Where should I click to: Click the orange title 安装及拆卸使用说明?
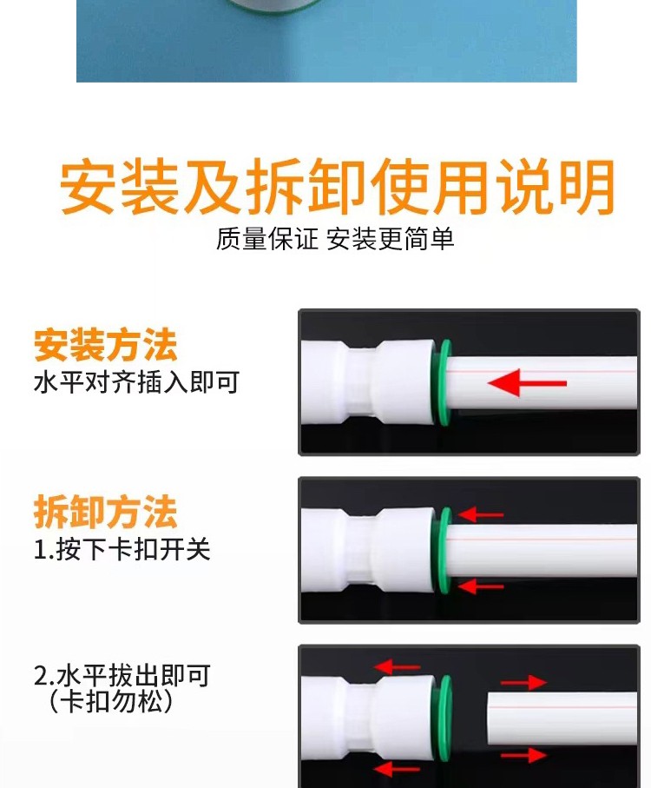pyautogui.click(x=338, y=186)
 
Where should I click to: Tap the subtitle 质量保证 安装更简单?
pyautogui.click(x=335, y=239)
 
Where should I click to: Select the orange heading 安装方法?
pyautogui.click(x=105, y=345)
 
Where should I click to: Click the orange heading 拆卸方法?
pyautogui.click(x=105, y=512)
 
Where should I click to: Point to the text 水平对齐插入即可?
pyautogui.click(x=136, y=382)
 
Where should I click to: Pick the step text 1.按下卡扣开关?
pyautogui.click(x=122, y=549)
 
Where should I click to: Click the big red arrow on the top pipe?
pyautogui.click(x=527, y=383)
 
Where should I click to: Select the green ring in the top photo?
pyautogui.click(x=444, y=383)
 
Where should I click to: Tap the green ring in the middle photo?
pyautogui.click(x=444, y=551)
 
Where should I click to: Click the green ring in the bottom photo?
pyautogui.click(x=444, y=718)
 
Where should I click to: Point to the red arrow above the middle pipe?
pyautogui.click(x=480, y=514)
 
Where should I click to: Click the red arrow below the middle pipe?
pyautogui.click(x=480, y=586)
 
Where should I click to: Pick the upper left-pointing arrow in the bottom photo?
pyautogui.click(x=397, y=667)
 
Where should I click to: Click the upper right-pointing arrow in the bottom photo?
pyautogui.click(x=523, y=683)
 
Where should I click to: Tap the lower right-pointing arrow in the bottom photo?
pyautogui.click(x=523, y=755)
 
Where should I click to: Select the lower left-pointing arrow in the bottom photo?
pyautogui.click(x=397, y=769)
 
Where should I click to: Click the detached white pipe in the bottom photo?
pyautogui.click(x=562, y=718)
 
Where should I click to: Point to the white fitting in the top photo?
pyautogui.click(x=368, y=383)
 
